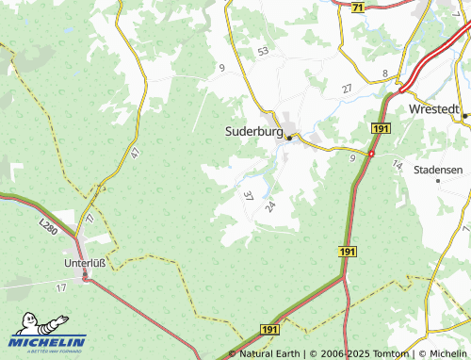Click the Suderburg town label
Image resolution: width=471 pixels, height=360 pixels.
[253, 131]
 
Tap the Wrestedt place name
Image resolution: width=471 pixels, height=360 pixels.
[436, 109]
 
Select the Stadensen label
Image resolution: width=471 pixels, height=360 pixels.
[440, 170]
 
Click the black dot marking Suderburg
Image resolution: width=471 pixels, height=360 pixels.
[290, 138]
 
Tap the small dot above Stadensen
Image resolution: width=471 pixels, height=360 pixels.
[438, 181]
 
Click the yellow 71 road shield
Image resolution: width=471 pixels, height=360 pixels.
[357, 8]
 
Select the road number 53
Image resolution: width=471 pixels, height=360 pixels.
[263, 51]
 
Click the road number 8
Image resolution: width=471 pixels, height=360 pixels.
[385, 73]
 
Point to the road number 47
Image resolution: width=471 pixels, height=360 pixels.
[136, 152]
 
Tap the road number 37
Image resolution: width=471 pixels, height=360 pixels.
[248, 196]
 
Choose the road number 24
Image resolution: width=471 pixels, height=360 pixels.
[270, 205]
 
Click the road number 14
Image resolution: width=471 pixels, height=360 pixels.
[397, 165]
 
